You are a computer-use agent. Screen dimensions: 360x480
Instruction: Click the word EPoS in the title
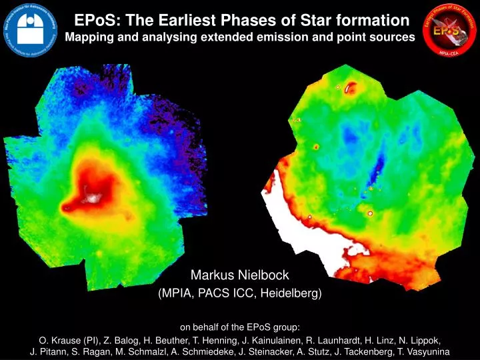point(91,21)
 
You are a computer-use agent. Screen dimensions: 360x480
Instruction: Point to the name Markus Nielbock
point(240,275)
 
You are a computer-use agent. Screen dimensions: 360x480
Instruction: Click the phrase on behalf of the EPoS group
point(240,327)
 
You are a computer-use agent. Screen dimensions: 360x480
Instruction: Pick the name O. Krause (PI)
point(67,339)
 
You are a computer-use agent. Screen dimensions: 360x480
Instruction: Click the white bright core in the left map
point(91,197)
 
